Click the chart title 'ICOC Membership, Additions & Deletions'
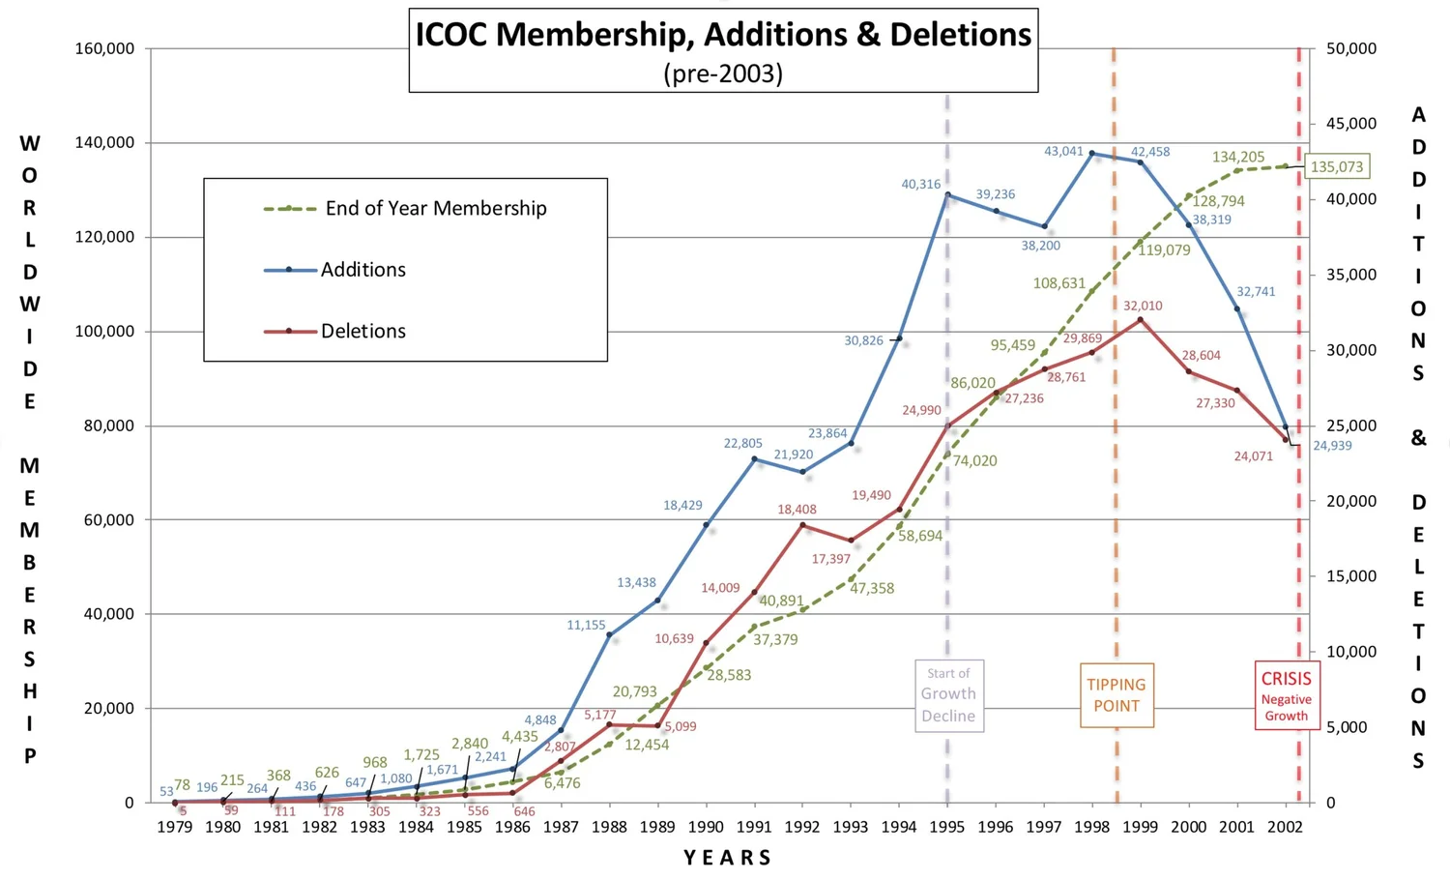point(723,35)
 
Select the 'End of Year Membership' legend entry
point(435,208)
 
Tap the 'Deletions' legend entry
point(362,331)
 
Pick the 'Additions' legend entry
point(362,270)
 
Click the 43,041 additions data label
point(1063,151)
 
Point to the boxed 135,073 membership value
point(1336,166)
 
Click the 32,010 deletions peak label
point(1143,306)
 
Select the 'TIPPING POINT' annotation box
point(1116,695)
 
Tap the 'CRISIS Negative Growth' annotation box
point(1286,695)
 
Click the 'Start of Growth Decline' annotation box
point(948,695)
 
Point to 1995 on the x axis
point(947,827)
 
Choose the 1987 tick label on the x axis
point(561,827)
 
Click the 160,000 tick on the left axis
point(104,48)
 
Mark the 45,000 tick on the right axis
point(1351,124)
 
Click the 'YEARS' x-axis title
point(727,858)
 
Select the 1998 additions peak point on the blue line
point(1092,153)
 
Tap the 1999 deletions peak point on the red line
point(1141,320)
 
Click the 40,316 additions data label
point(920,184)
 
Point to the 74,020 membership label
point(974,460)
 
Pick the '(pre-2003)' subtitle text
point(723,73)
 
